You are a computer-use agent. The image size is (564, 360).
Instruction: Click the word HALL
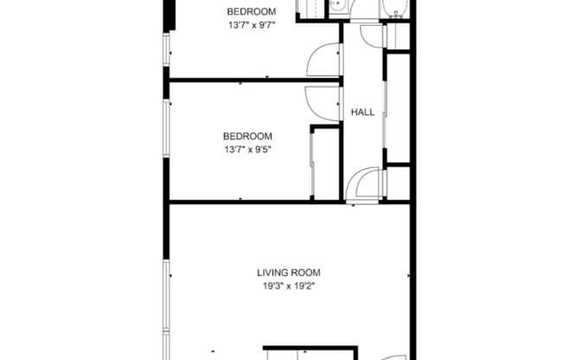click(x=362, y=112)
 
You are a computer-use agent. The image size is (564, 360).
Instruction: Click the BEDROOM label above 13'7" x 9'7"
click(x=251, y=11)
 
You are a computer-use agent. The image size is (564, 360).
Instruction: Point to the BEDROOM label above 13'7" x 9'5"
click(x=247, y=136)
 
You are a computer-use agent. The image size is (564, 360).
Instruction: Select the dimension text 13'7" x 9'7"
click(x=251, y=25)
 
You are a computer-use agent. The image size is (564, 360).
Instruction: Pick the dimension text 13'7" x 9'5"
click(x=247, y=150)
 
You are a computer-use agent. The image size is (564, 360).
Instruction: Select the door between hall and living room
click(x=364, y=184)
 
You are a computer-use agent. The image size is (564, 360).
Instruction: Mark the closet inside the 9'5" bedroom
click(x=325, y=164)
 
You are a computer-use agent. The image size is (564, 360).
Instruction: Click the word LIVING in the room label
click(x=262, y=273)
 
